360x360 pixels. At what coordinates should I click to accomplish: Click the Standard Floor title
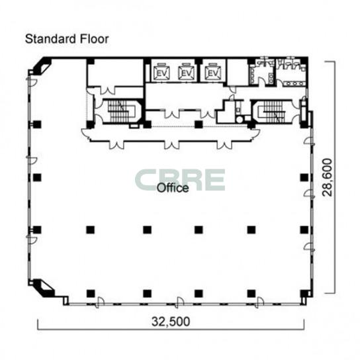point(67,39)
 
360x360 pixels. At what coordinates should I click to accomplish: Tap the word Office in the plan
point(173,188)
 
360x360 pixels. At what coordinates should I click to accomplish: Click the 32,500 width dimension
point(171,322)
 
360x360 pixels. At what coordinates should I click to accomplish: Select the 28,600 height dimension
point(327,177)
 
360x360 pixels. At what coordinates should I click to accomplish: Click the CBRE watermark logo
point(180,180)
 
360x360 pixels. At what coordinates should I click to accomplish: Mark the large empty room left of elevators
point(116,72)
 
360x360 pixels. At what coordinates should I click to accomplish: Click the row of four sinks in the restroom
point(294,84)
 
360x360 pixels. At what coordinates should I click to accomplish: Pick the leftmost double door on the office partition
point(116,145)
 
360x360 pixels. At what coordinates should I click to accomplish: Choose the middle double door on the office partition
point(171,145)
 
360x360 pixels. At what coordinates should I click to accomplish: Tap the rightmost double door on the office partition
point(224,145)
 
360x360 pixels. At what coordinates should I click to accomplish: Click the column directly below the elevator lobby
point(199,124)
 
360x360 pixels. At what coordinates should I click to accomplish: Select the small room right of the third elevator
point(238,72)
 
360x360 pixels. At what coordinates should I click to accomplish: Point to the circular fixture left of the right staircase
point(240,120)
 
